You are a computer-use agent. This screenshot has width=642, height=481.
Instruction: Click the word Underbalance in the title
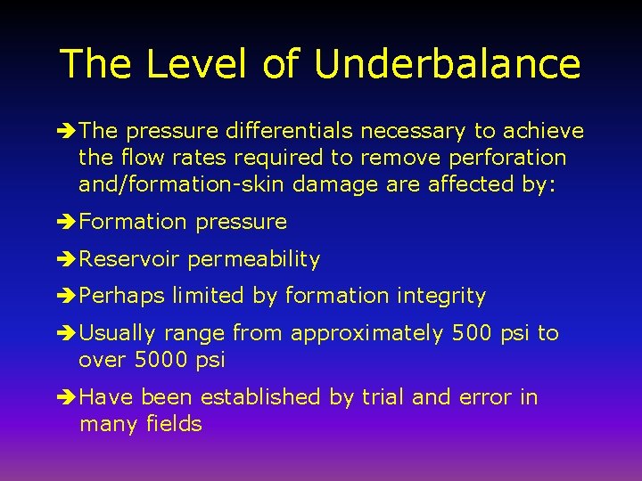tap(448, 64)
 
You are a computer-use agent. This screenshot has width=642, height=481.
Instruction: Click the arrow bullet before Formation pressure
tap(68, 222)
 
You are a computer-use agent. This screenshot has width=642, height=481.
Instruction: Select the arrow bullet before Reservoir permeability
tap(68, 259)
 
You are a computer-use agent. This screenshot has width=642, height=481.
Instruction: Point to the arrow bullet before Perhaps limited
tap(68, 297)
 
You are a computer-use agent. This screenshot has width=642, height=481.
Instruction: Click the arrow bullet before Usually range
tap(68, 334)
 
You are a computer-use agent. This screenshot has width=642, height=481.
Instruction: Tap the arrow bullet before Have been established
tap(68, 397)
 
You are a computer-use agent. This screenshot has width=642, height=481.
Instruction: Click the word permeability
tap(253, 259)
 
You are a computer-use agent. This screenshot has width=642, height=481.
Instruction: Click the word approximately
tap(366, 334)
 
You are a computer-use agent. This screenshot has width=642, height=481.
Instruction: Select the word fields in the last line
tap(174, 424)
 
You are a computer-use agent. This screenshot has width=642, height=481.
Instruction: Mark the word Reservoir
tap(129, 259)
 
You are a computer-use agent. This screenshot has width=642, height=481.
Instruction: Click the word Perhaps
tap(122, 297)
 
